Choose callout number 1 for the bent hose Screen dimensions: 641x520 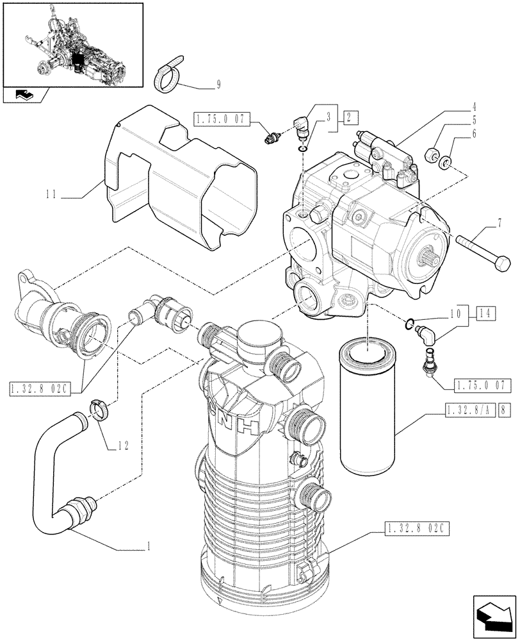149,547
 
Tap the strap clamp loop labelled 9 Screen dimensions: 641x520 170,75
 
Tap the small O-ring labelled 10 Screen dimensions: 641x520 410,322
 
